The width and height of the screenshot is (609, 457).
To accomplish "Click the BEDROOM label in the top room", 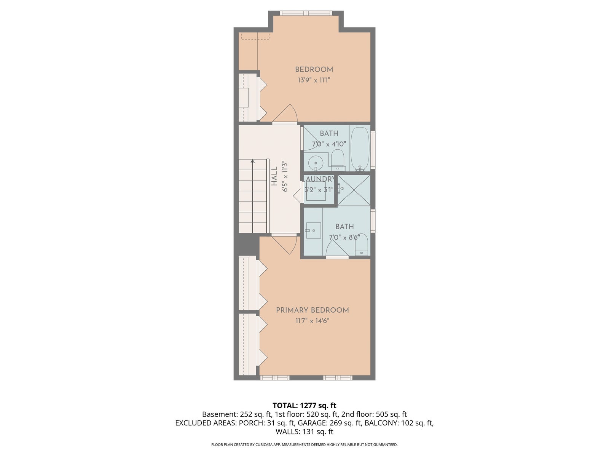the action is (x=314, y=69).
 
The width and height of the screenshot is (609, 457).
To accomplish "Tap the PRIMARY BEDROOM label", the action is (x=312, y=310).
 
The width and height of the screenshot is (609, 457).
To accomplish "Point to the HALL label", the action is (x=274, y=176).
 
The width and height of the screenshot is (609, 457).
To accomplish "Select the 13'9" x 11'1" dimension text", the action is (x=314, y=80).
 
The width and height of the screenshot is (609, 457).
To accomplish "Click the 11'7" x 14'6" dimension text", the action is (x=312, y=321).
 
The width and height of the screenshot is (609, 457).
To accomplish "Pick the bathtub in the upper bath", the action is (x=360, y=149).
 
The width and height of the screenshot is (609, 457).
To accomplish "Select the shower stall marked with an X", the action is (x=354, y=190).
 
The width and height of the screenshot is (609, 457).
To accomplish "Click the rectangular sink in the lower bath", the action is (x=313, y=230).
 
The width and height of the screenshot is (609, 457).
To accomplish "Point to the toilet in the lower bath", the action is (x=361, y=244).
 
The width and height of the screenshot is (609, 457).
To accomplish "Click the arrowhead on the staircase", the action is (x=252, y=161).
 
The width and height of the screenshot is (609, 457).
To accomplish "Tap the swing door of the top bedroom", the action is (x=285, y=114).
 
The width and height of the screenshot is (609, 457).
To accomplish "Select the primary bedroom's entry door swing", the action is (x=284, y=244).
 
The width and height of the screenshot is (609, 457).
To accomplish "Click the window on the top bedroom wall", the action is (x=306, y=13).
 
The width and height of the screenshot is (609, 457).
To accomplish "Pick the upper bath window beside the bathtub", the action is (x=373, y=150).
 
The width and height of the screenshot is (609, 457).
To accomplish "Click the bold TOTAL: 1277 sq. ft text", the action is (x=304, y=406).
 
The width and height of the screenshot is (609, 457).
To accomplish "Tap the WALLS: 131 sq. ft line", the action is (x=304, y=431).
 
